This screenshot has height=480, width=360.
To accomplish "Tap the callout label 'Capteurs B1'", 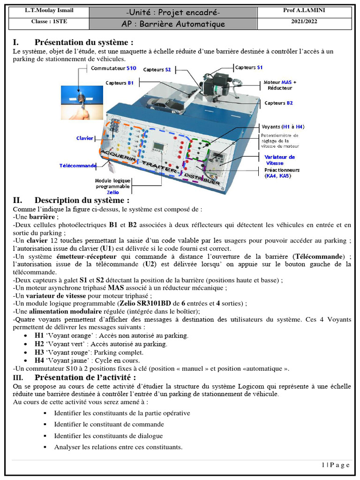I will pos(120,83).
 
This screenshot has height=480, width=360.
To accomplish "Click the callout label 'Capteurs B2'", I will pos(278,103).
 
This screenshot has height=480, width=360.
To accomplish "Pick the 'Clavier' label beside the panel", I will pos(85,138).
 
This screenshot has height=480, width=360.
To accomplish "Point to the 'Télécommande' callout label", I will pos(78,165).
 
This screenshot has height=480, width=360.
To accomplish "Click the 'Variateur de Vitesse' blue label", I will pos(279,160).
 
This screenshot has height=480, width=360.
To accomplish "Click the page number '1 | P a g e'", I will pos(336,465).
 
